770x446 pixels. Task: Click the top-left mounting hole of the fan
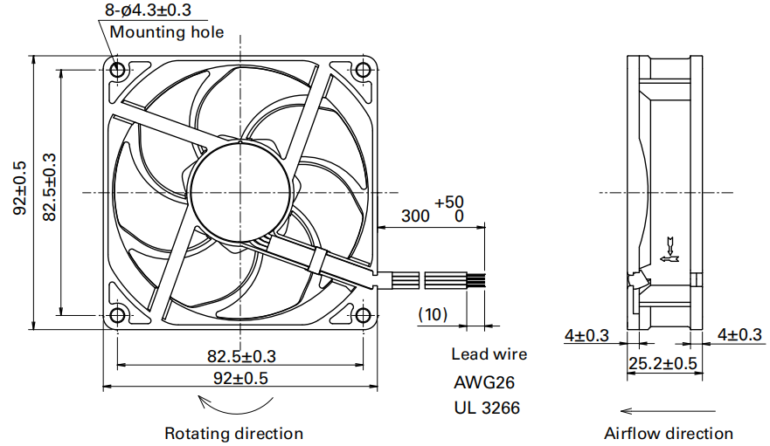tap(117, 69)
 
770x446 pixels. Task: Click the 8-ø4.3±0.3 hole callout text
tap(148, 10)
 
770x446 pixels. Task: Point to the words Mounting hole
tap(166, 32)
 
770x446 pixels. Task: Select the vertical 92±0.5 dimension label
tap(20, 188)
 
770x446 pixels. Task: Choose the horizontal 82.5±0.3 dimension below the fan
tap(241, 355)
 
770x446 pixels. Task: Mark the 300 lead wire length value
tap(415, 216)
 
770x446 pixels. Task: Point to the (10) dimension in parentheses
tap(434, 313)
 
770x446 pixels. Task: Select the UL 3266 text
tap(484, 407)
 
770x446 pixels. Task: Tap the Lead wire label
tap(489, 354)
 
